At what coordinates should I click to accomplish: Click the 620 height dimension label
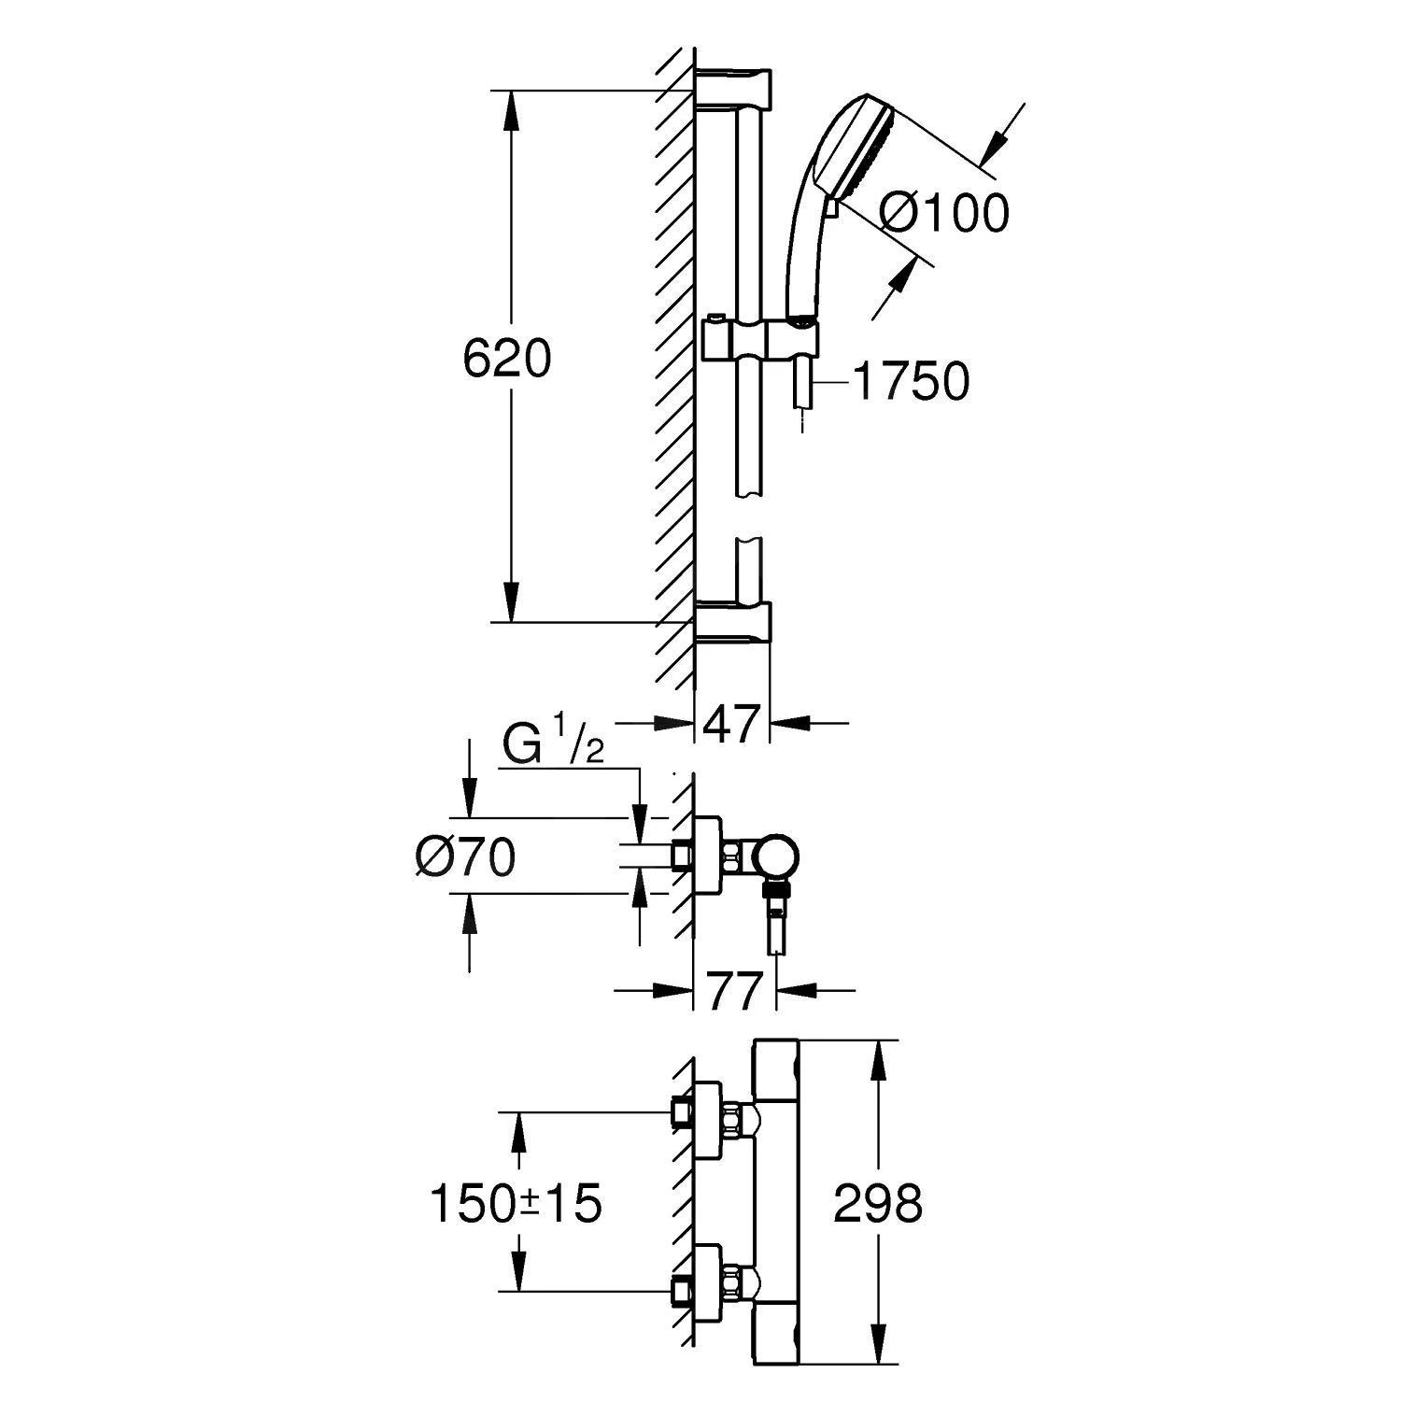[x=507, y=360]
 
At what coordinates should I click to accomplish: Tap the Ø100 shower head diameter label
[x=944, y=213]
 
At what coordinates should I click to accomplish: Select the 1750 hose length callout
[x=911, y=382]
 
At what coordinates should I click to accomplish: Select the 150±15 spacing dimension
[x=515, y=1203]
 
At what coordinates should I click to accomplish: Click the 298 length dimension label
[x=877, y=1203]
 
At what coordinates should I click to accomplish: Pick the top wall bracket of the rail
[x=733, y=86]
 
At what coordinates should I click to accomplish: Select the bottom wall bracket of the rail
[x=733, y=623]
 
